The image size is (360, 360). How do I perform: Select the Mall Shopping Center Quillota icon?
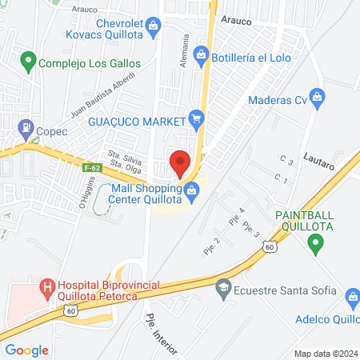191,190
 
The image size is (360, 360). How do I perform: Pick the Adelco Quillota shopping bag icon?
352,298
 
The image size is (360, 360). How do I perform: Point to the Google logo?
27,350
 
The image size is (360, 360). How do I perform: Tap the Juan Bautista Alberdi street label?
102,96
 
